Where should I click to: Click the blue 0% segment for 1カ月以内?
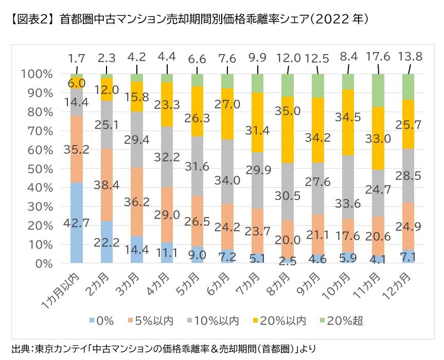(x=77, y=223)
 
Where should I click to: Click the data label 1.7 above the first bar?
(x=77, y=58)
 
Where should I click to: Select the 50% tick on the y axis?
(x=37, y=169)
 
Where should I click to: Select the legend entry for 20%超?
(x=343, y=321)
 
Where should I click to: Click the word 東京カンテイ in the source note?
(x=57, y=348)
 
